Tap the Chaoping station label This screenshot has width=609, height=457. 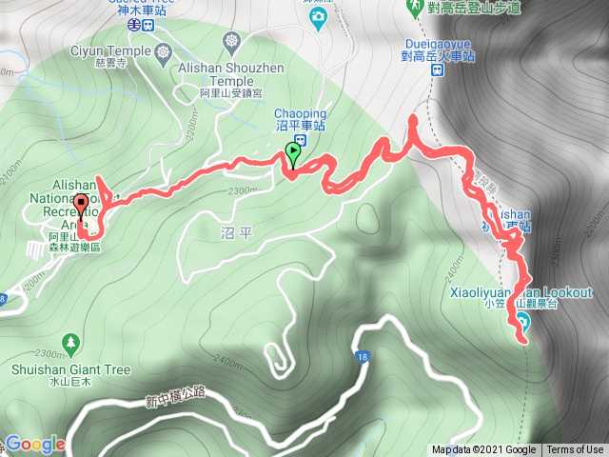pos(307,118)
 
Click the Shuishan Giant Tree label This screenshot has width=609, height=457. pos(71,366)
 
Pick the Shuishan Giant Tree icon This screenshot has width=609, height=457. pos(71,341)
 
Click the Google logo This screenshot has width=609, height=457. pos(35,444)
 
